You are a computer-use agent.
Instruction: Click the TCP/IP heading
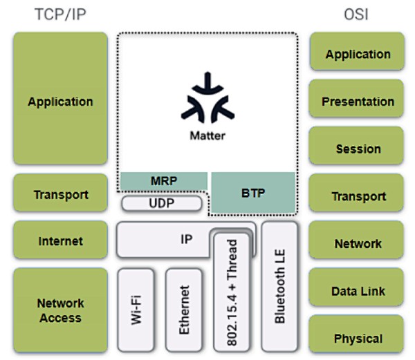[60, 14]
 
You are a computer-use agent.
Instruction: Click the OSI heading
[358, 14]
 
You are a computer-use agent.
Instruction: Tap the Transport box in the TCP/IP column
[60, 194]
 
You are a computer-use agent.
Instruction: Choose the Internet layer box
[60, 241]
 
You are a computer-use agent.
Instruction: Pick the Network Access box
[60, 310]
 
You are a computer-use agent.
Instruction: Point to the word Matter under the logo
[207, 135]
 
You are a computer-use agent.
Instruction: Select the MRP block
[164, 181]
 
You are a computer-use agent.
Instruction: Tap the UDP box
[163, 203]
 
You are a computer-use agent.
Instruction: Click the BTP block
[253, 193]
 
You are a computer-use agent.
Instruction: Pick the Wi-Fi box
[136, 310]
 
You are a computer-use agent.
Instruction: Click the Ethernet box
[184, 310]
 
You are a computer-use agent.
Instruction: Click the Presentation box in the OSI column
[358, 102]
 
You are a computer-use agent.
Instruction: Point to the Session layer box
[358, 149]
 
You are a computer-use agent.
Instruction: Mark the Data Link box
[358, 291]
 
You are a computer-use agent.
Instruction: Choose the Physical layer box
[358, 338]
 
